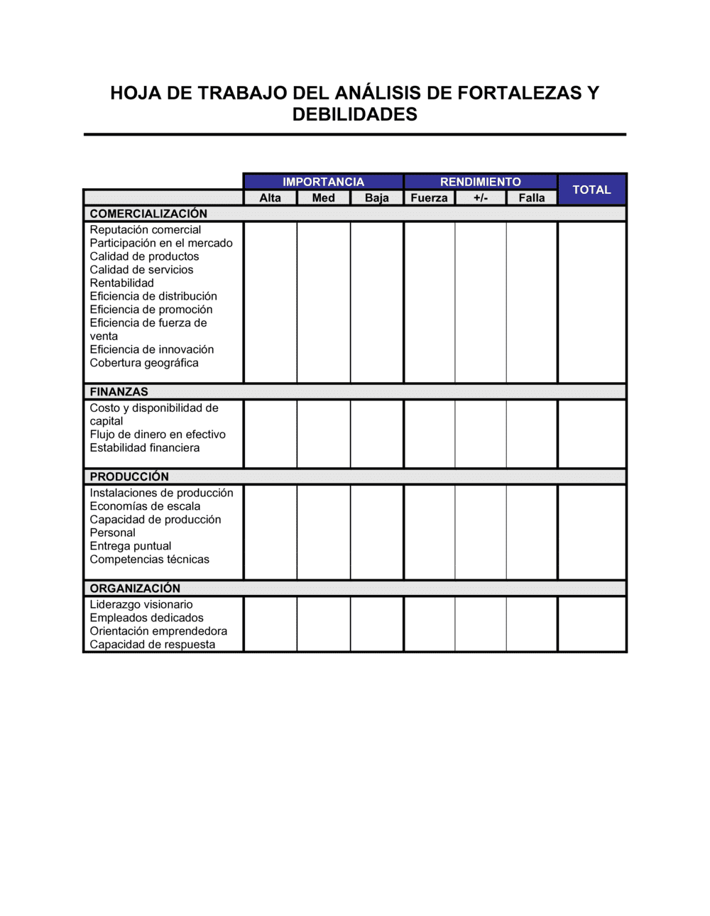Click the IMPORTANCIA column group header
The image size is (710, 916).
point(323,182)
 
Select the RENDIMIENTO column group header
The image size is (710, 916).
point(480,182)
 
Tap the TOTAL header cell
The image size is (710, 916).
point(591,190)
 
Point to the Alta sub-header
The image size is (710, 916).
point(270,198)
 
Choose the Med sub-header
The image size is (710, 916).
point(323,198)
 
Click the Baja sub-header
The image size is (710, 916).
point(376,198)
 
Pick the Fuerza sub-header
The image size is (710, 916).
point(429,198)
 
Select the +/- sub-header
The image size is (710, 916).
point(481,198)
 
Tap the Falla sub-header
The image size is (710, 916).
point(531,198)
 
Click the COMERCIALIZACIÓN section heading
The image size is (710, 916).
point(148,214)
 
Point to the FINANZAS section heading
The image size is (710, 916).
point(119,392)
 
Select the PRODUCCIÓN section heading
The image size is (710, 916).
point(129,476)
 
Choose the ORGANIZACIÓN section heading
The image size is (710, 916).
point(135,589)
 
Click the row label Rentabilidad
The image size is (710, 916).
point(121,283)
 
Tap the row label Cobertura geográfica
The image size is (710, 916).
point(144,363)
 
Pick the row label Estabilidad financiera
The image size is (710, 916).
point(145,448)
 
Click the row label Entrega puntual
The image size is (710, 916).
point(131,546)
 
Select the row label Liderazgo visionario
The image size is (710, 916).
point(141,605)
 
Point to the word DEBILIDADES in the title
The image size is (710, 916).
point(354,114)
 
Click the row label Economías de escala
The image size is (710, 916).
point(145,506)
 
